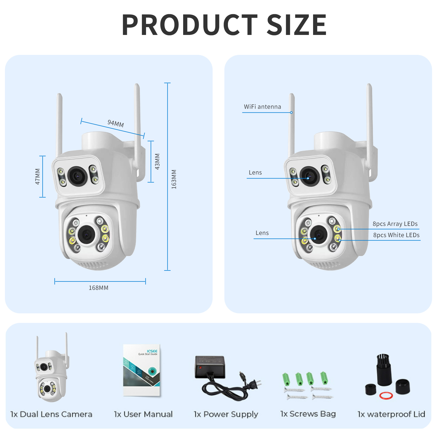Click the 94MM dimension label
[116, 123]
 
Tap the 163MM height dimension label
[174, 179]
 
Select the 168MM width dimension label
[99, 288]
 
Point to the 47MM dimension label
[38, 176]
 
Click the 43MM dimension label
[157, 161]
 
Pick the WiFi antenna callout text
[262, 107]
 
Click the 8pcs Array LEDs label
[395, 224]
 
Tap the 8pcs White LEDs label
[396, 235]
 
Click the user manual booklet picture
[142, 370]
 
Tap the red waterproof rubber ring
[386, 395]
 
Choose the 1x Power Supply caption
[226, 414]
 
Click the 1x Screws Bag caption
[308, 414]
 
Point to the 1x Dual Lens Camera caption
[51, 414]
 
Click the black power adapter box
[210, 366]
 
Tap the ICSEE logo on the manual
[152, 351]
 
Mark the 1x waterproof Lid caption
[391, 414]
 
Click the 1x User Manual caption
[143, 414]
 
